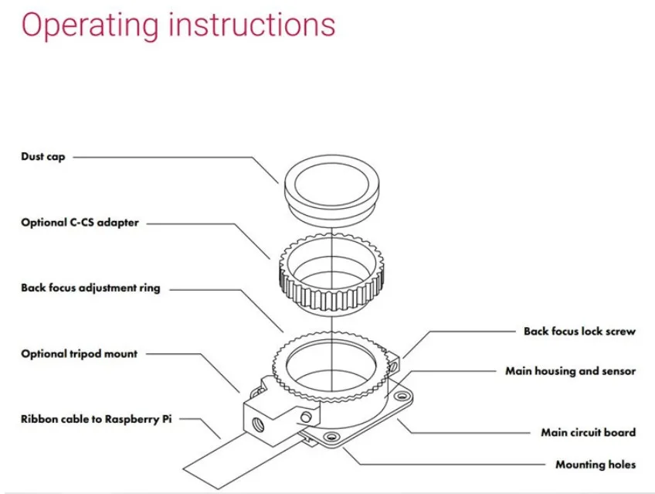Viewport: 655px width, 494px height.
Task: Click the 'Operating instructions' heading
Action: pos(178,25)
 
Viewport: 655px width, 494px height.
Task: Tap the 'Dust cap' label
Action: pos(43,157)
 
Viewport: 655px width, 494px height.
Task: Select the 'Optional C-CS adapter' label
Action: pos(80,223)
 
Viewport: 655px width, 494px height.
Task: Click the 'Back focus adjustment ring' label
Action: pos(90,288)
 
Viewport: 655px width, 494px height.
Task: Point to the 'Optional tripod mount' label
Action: pos(79,353)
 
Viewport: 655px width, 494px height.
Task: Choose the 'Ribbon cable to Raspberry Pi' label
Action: pos(97,419)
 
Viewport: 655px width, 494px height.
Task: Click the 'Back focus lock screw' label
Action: pos(579,331)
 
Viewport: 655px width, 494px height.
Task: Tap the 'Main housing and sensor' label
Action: pos(570,371)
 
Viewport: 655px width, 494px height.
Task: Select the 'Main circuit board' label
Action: pos(588,432)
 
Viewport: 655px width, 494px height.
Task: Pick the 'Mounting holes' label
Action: pos(596,465)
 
